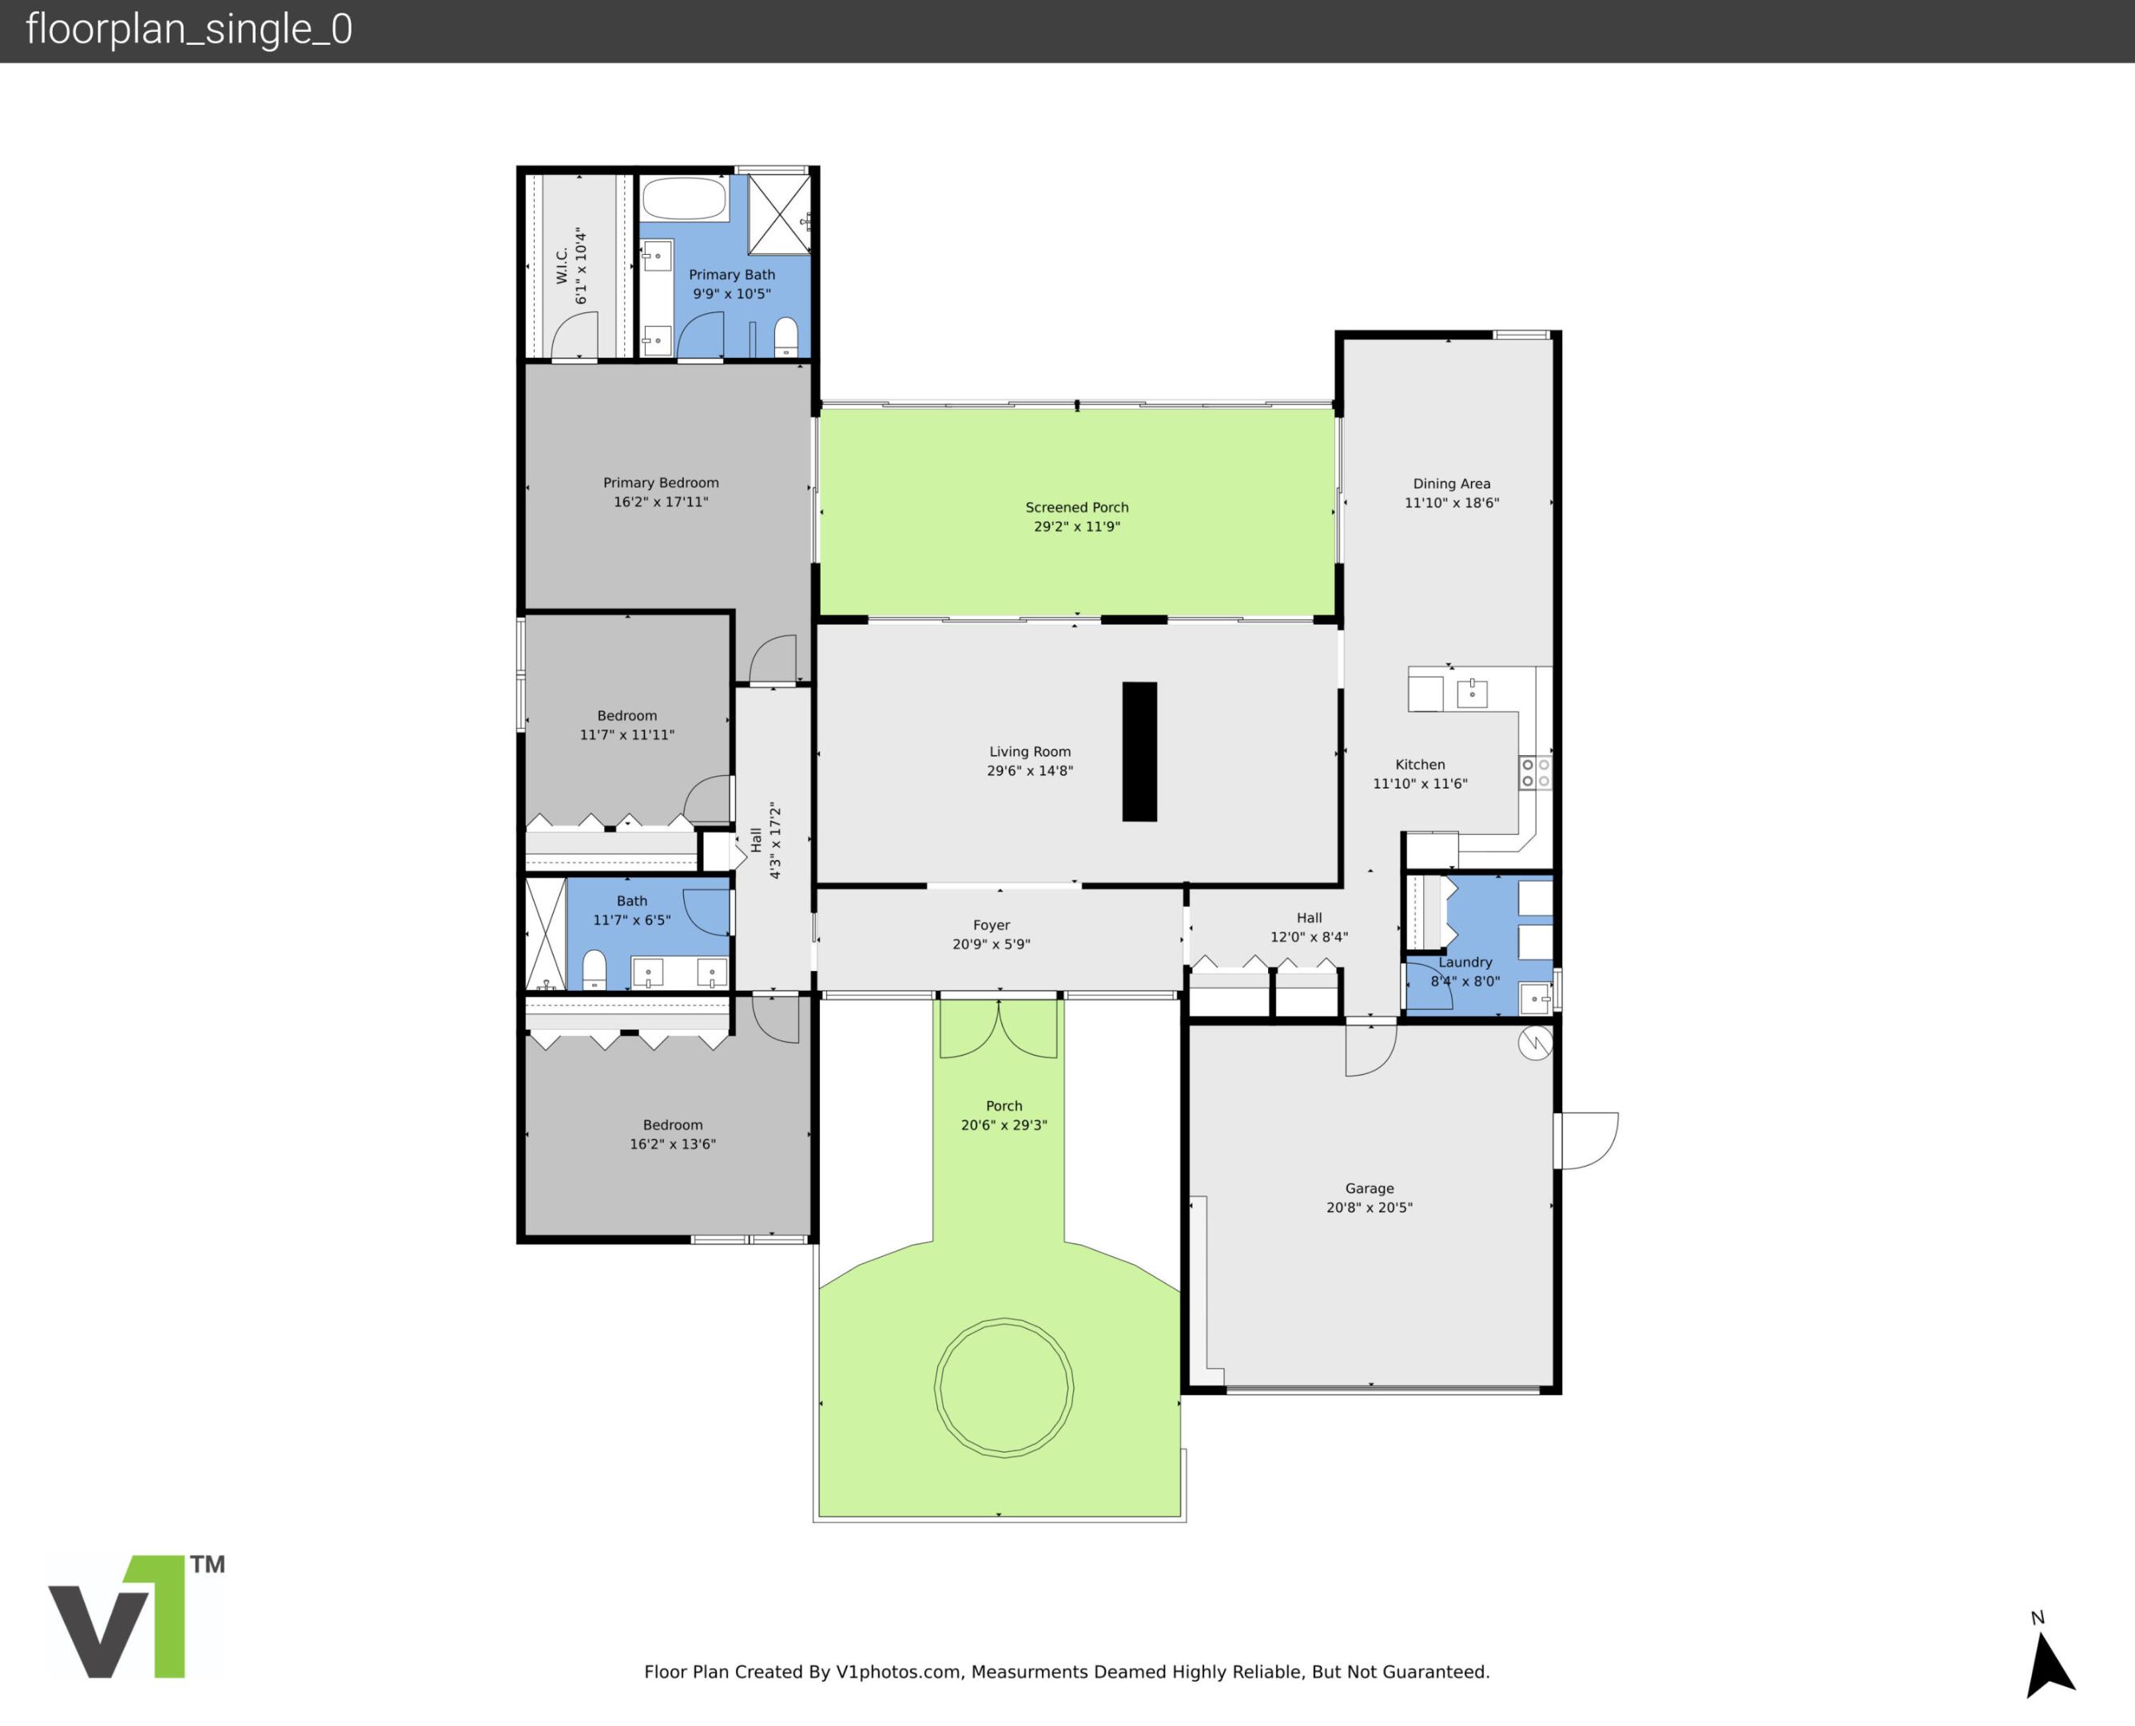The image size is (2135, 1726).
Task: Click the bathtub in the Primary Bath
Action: [684, 199]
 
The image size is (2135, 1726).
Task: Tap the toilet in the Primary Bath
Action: [785, 336]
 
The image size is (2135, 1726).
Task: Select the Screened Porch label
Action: [1076, 507]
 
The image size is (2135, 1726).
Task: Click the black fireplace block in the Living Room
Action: [1139, 752]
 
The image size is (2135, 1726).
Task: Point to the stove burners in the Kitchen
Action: [1535, 773]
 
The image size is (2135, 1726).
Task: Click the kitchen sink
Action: [1471, 693]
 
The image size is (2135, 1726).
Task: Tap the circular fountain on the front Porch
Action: [1003, 1388]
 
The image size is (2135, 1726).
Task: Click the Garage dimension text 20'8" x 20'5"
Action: [1369, 1207]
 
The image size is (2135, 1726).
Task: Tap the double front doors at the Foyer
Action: [998, 1028]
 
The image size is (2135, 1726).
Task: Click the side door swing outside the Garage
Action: [1588, 1140]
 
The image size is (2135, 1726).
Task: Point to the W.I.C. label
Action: [562, 265]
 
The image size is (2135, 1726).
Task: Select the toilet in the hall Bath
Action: [594, 969]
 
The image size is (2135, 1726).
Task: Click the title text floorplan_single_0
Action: [189, 30]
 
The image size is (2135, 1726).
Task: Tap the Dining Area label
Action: [1451, 483]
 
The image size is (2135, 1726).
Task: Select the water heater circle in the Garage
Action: [1535, 1043]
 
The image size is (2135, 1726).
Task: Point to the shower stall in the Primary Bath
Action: [778, 214]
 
